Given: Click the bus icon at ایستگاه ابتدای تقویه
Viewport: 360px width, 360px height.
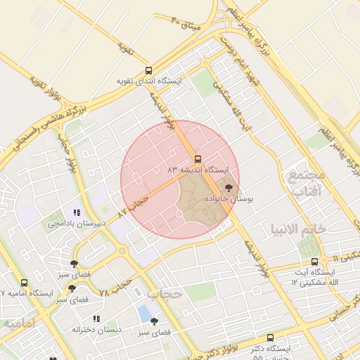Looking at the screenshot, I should (148, 70).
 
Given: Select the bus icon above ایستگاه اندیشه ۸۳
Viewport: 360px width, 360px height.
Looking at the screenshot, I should (198, 159).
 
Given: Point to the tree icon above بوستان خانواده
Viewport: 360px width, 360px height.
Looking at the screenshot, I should (228, 188).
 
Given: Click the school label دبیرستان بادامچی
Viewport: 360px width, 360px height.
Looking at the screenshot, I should (77, 223).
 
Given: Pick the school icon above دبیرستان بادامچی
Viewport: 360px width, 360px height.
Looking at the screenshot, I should (77, 212).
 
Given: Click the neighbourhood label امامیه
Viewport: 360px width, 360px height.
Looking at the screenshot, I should (20, 323).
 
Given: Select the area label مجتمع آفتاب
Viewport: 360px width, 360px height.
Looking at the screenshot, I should (304, 182).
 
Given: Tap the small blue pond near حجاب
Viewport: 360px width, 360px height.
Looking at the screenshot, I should (145, 312).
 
